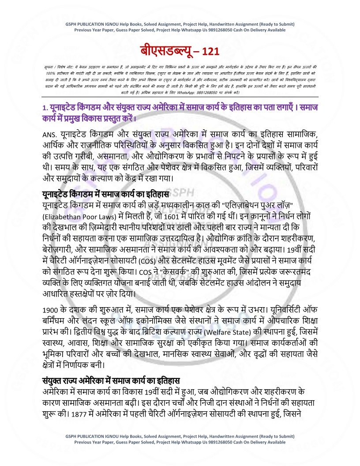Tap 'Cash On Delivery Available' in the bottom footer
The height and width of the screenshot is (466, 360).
(x=256, y=442)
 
